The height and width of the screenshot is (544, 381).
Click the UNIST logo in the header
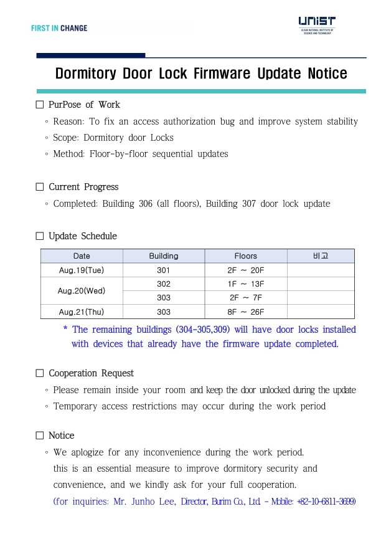point(317,25)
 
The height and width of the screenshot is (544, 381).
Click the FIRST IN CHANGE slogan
point(59,28)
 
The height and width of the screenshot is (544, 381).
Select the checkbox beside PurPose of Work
point(40,105)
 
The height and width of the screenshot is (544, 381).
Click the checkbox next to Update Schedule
point(40,236)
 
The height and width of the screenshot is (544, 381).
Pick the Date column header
point(82,256)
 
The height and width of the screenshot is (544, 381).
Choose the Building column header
point(164,256)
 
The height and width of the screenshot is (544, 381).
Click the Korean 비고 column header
point(321,256)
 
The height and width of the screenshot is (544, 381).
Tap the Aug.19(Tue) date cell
point(82,270)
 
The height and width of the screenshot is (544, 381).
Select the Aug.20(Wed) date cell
point(82,291)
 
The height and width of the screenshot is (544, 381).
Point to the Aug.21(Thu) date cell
point(82,312)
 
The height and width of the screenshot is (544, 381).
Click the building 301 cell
point(164,270)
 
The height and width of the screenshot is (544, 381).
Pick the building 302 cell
point(164,284)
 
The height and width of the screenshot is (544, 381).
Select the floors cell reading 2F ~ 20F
point(246,270)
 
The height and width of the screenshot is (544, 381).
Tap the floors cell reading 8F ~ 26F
point(246,312)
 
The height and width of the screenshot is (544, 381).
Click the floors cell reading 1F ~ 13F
point(246,284)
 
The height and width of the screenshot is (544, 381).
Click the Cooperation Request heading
point(91,373)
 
